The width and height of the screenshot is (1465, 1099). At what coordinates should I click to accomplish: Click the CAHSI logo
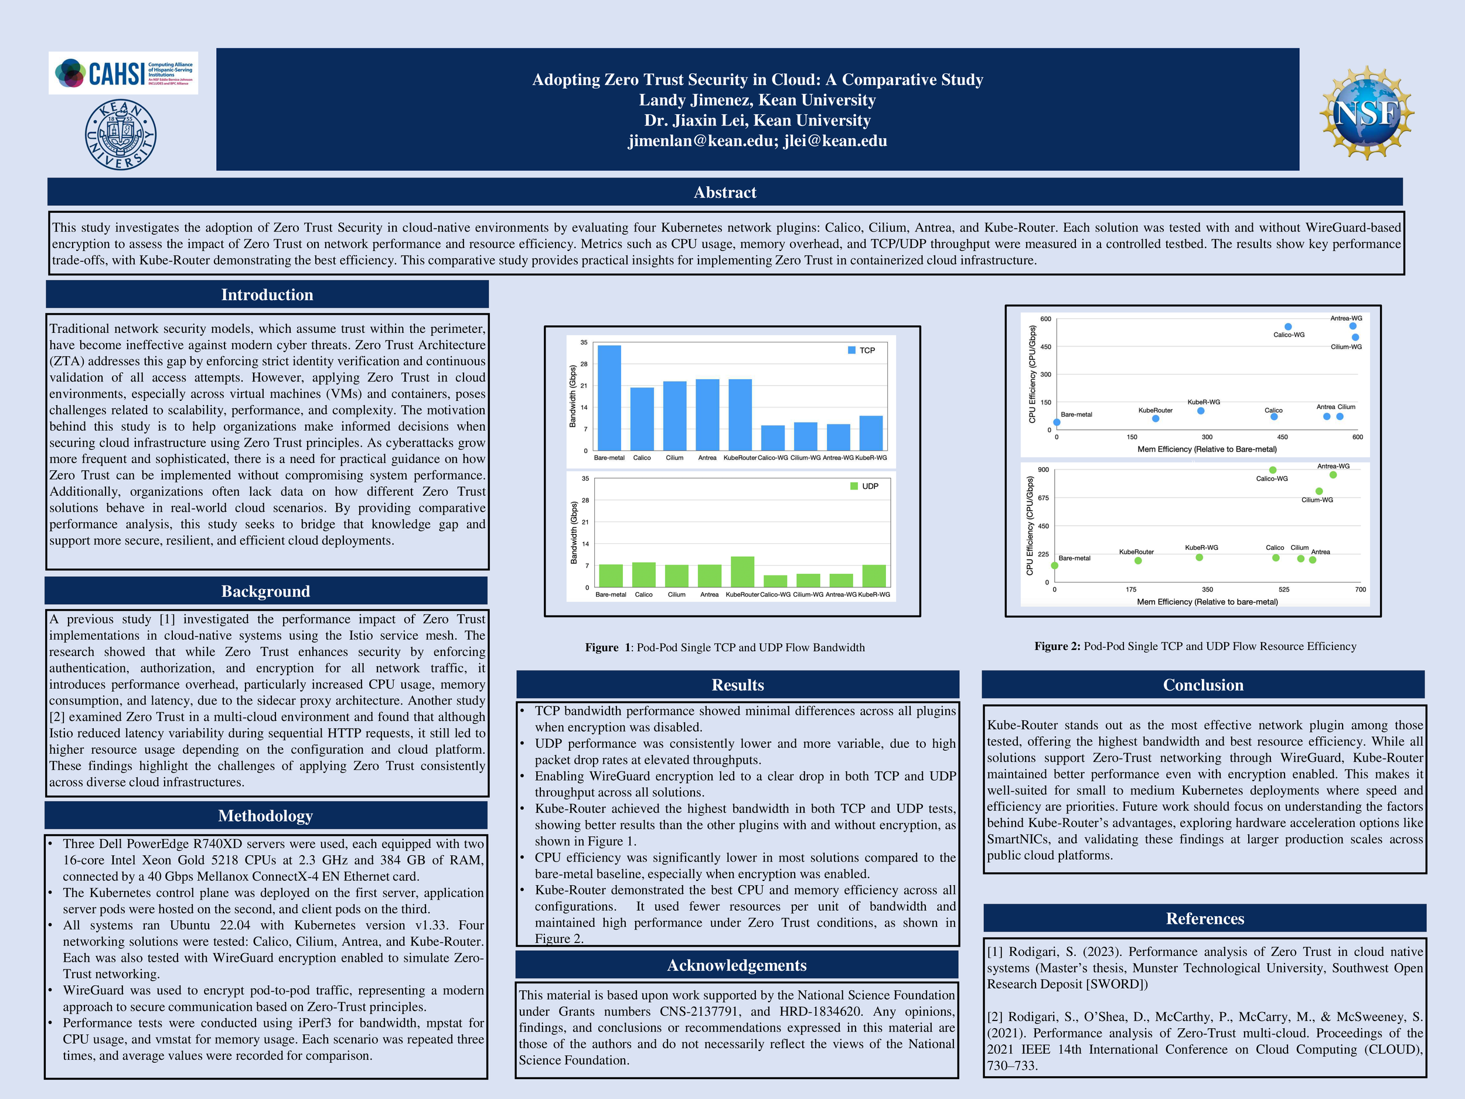click(x=123, y=73)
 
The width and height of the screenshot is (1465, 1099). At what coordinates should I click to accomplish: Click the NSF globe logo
click(x=1367, y=113)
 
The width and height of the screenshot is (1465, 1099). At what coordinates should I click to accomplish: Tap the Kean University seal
click(x=121, y=134)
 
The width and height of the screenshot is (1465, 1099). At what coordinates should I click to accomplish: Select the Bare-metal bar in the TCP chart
click(x=609, y=397)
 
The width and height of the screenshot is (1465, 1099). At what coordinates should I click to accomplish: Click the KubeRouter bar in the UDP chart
click(x=742, y=571)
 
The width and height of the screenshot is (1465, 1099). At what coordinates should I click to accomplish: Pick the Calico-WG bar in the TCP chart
click(x=772, y=438)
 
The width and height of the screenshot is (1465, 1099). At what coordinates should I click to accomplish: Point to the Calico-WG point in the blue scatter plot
click(x=1288, y=326)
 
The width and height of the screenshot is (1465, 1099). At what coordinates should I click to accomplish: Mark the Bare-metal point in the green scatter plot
click(x=1054, y=566)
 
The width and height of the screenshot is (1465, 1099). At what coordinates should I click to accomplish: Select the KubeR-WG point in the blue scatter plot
click(x=1201, y=411)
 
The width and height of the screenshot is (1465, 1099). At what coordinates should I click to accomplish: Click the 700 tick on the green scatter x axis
click(x=1360, y=590)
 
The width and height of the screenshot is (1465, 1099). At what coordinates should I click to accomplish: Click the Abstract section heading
click(x=724, y=192)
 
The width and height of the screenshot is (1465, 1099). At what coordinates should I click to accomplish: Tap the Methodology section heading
click(x=265, y=816)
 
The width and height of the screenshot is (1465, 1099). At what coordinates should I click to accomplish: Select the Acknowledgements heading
click(x=737, y=965)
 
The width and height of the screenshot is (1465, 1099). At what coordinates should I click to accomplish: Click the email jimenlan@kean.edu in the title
click(x=701, y=141)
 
